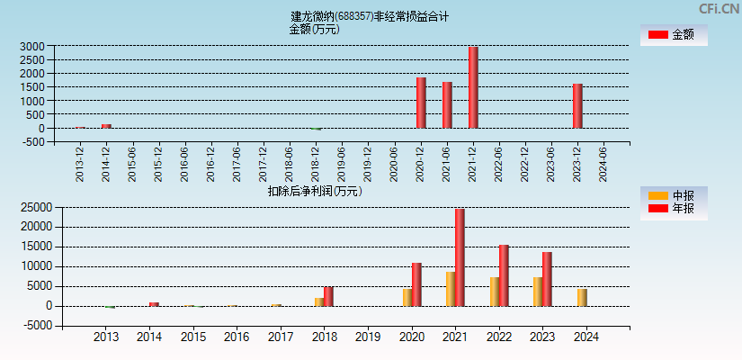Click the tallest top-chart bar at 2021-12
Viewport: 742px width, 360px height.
tap(473, 87)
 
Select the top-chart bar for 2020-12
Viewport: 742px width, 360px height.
tap(421, 103)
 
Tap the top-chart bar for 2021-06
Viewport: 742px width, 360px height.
tap(447, 104)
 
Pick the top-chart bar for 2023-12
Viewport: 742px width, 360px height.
tap(577, 106)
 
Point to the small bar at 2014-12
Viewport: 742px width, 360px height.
tap(106, 126)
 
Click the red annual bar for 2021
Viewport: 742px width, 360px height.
tap(460, 257)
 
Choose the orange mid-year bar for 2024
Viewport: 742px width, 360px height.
tap(582, 297)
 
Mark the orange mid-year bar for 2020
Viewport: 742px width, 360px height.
tap(407, 297)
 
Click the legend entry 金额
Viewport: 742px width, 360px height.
tap(674, 34)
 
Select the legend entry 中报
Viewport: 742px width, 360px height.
tap(674, 195)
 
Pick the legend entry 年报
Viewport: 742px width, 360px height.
tap(674, 208)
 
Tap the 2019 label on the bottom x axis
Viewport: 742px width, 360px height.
tap(368, 337)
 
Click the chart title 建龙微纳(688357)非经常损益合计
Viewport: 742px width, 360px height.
tap(370, 16)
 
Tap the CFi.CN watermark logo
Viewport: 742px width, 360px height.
tap(719, 9)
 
